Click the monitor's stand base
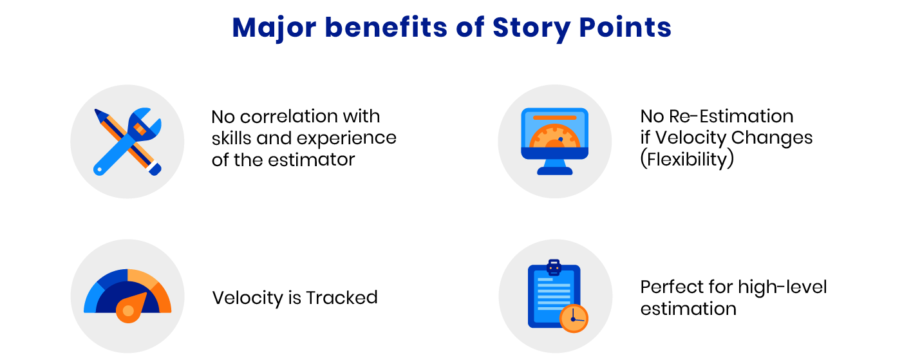554,170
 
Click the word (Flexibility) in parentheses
686,159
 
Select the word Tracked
341,298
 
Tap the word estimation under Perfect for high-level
688,308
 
